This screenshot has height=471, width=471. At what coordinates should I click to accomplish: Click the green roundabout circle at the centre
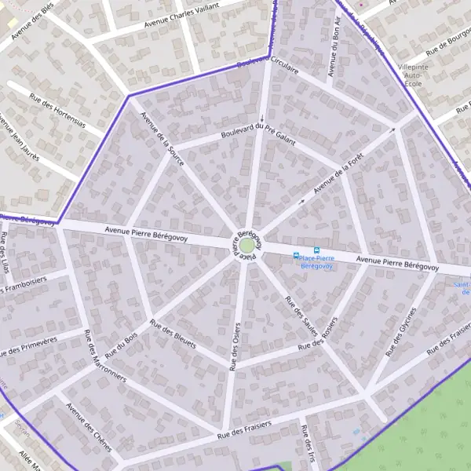click(246, 246)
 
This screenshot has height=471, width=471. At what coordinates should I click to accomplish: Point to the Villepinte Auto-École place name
click(414, 75)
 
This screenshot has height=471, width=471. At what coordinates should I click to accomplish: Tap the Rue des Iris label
click(307, 444)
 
